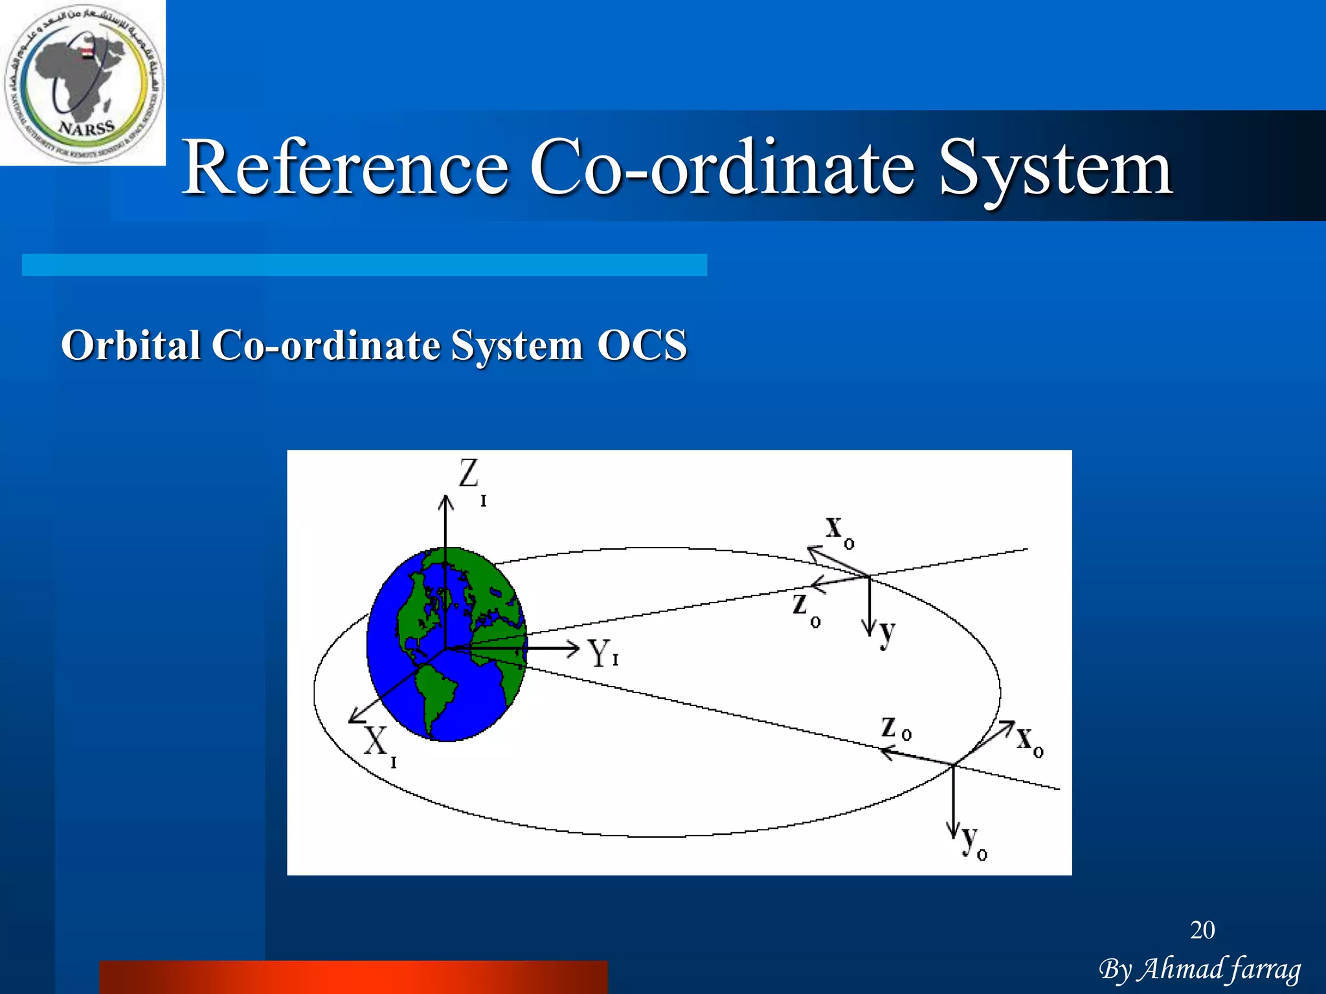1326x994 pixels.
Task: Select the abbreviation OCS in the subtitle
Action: pos(641,345)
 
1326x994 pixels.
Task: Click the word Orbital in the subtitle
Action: pos(130,345)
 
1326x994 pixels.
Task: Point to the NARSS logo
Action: pos(83,83)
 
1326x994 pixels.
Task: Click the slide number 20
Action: pos(1202,930)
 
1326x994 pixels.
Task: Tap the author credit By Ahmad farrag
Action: pos(1199,969)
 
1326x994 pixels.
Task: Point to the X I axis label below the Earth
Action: pos(379,744)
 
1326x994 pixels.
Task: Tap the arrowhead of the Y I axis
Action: pos(573,648)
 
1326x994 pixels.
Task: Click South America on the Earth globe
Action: pos(434,696)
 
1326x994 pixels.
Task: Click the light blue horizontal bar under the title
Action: pos(364,265)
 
